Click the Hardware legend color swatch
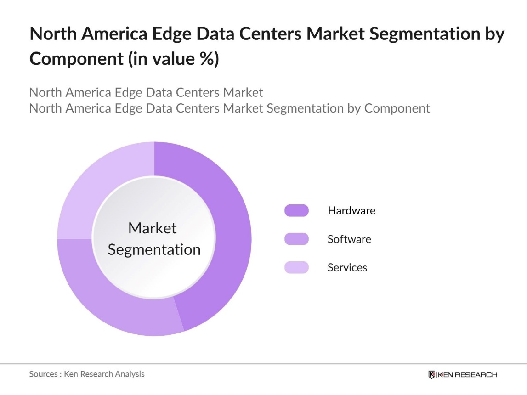click(x=296, y=211)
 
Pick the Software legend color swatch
click(x=296, y=239)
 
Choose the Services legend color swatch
click(x=296, y=267)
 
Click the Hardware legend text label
click(x=351, y=211)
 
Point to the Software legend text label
click(x=349, y=239)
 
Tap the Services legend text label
click(x=347, y=267)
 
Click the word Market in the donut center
click(x=153, y=228)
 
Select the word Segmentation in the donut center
click(x=154, y=249)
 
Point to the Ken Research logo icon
click(x=431, y=375)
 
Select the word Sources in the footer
click(x=43, y=374)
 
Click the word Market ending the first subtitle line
click(x=243, y=92)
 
